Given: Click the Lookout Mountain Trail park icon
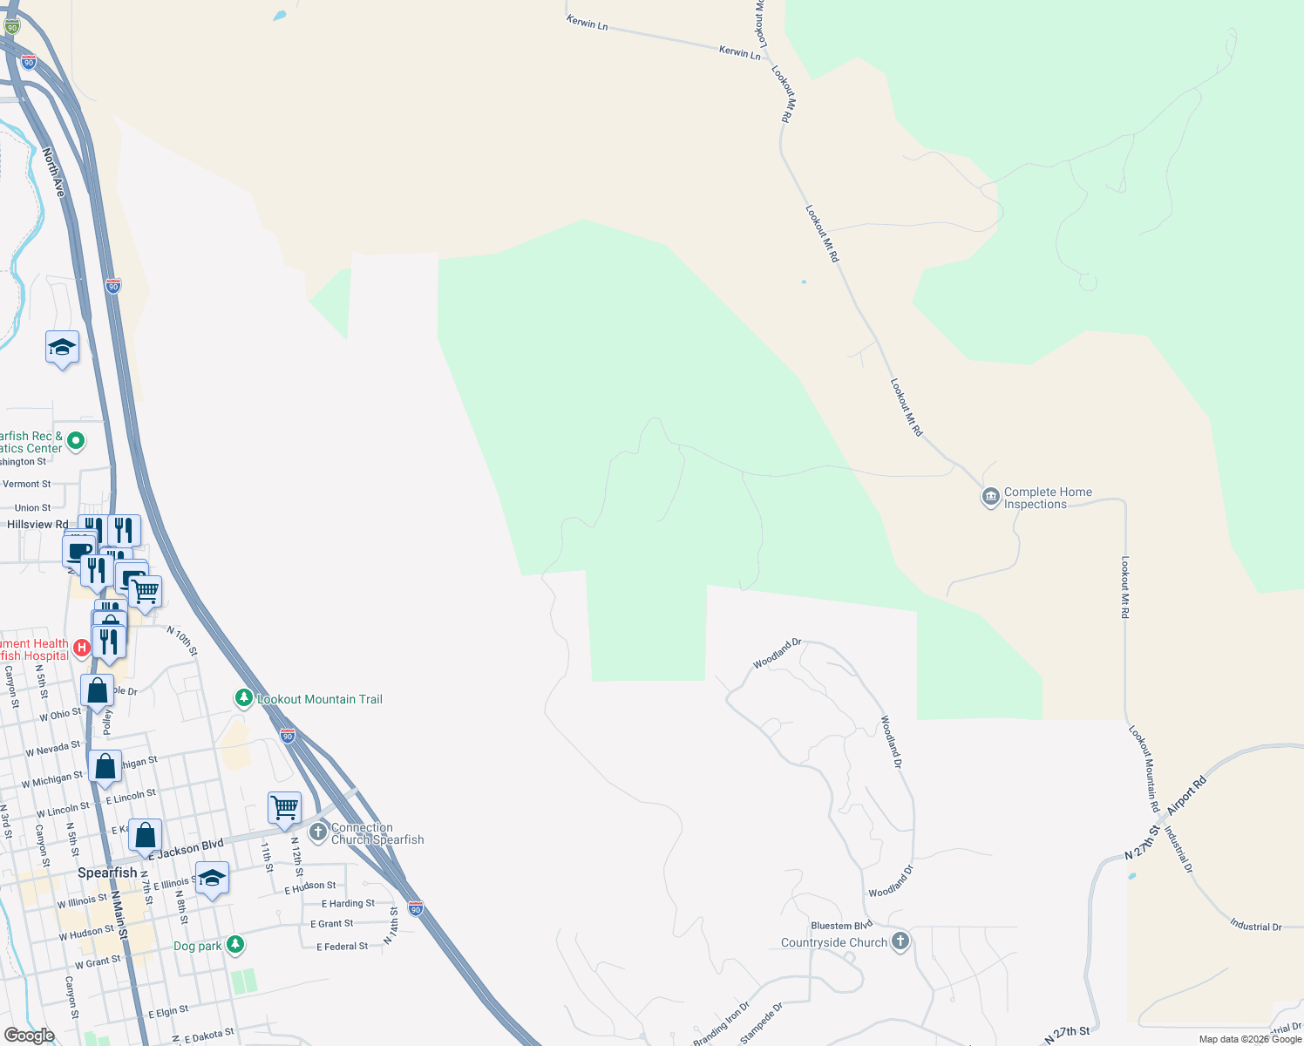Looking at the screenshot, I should point(244,698).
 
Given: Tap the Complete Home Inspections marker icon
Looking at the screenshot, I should point(990,498).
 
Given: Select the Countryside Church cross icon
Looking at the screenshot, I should point(900,941).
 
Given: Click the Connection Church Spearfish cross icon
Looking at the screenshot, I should point(318,832).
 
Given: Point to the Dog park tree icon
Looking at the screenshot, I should point(234,945).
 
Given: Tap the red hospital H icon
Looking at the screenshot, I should point(81,647).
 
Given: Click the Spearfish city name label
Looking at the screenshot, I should point(107,873).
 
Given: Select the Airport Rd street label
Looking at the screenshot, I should point(1186,796).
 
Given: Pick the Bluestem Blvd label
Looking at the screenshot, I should point(841,926).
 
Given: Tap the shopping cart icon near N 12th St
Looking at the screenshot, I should point(284,808).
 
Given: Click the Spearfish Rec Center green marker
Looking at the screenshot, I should point(76,441).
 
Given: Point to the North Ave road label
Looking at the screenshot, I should point(53,173).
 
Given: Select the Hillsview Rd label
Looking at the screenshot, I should point(37,525).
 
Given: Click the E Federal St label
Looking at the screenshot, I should point(342,947).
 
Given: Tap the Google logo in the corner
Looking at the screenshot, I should point(29,1035).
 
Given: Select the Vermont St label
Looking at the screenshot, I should point(27,484).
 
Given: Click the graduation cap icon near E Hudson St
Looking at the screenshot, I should point(212,880).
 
